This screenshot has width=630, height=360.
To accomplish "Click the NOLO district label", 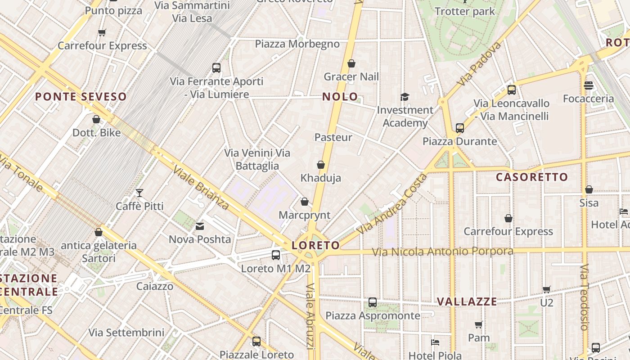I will pyautogui.click(x=340, y=96).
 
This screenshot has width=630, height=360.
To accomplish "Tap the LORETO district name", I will pyautogui.click(x=315, y=245).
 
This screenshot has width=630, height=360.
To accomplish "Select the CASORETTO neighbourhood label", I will pyautogui.click(x=532, y=177).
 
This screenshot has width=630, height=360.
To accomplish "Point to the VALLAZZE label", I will pyautogui.click(x=467, y=301).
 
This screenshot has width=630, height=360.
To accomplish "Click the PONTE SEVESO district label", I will pyautogui.click(x=81, y=96).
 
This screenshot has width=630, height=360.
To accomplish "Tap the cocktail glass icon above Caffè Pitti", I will pyautogui.click(x=139, y=193).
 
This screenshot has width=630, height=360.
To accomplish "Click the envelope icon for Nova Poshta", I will pyautogui.click(x=200, y=226).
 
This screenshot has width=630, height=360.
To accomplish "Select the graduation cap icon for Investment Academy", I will pyautogui.click(x=405, y=97).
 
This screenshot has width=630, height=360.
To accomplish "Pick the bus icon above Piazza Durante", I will pyautogui.click(x=459, y=128).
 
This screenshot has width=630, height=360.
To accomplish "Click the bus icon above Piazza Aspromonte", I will pyautogui.click(x=373, y=302).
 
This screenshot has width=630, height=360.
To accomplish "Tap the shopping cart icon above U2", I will pyautogui.click(x=546, y=289).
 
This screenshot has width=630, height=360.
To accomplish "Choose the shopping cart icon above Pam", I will pyautogui.click(x=478, y=324).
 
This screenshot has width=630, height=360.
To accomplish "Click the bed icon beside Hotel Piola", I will pyautogui.click(x=435, y=342).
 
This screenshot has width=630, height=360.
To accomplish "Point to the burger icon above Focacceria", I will pyautogui.click(x=589, y=85).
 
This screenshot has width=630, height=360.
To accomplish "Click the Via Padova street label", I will pyautogui.click(x=479, y=63).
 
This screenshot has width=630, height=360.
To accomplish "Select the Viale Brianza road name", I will pyautogui.click(x=201, y=188).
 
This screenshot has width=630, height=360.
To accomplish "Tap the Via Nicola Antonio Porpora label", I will pyautogui.click(x=442, y=252).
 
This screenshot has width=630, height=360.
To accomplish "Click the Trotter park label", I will pyautogui.click(x=465, y=11).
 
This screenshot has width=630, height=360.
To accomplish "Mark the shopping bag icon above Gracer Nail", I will pyautogui.click(x=351, y=63).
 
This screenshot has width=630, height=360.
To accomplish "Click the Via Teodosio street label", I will pyautogui.click(x=584, y=297).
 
